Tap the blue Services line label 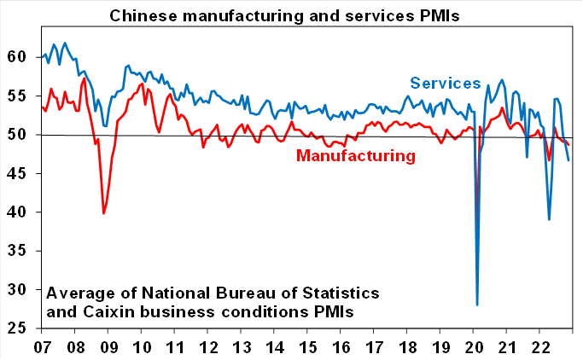click(x=446, y=83)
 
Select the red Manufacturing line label click(x=356, y=155)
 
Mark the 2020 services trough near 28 click(x=477, y=304)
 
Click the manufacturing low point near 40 click(x=103, y=212)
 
